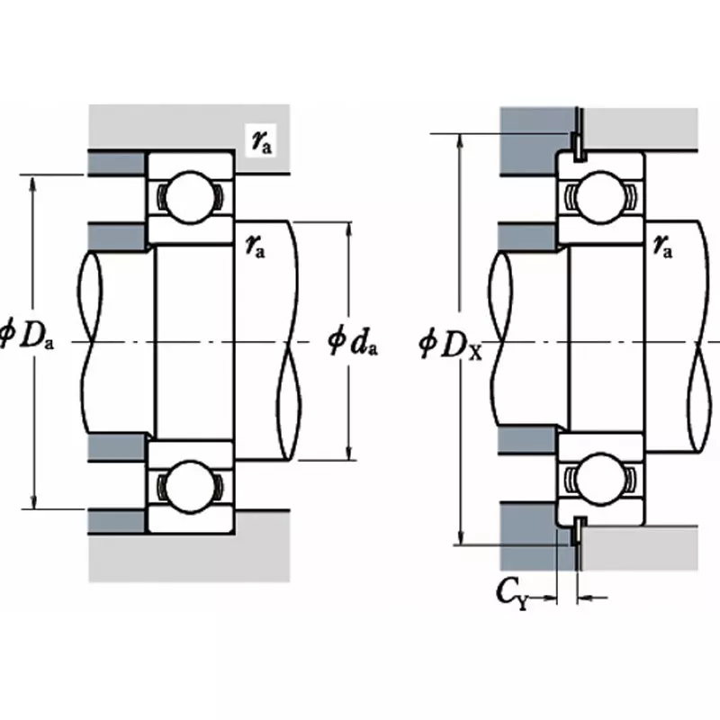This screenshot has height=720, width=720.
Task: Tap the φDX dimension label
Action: (451, 344)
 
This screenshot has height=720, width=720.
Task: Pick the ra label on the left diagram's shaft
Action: (256, 245)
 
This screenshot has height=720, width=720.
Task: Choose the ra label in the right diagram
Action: (663, 245)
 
